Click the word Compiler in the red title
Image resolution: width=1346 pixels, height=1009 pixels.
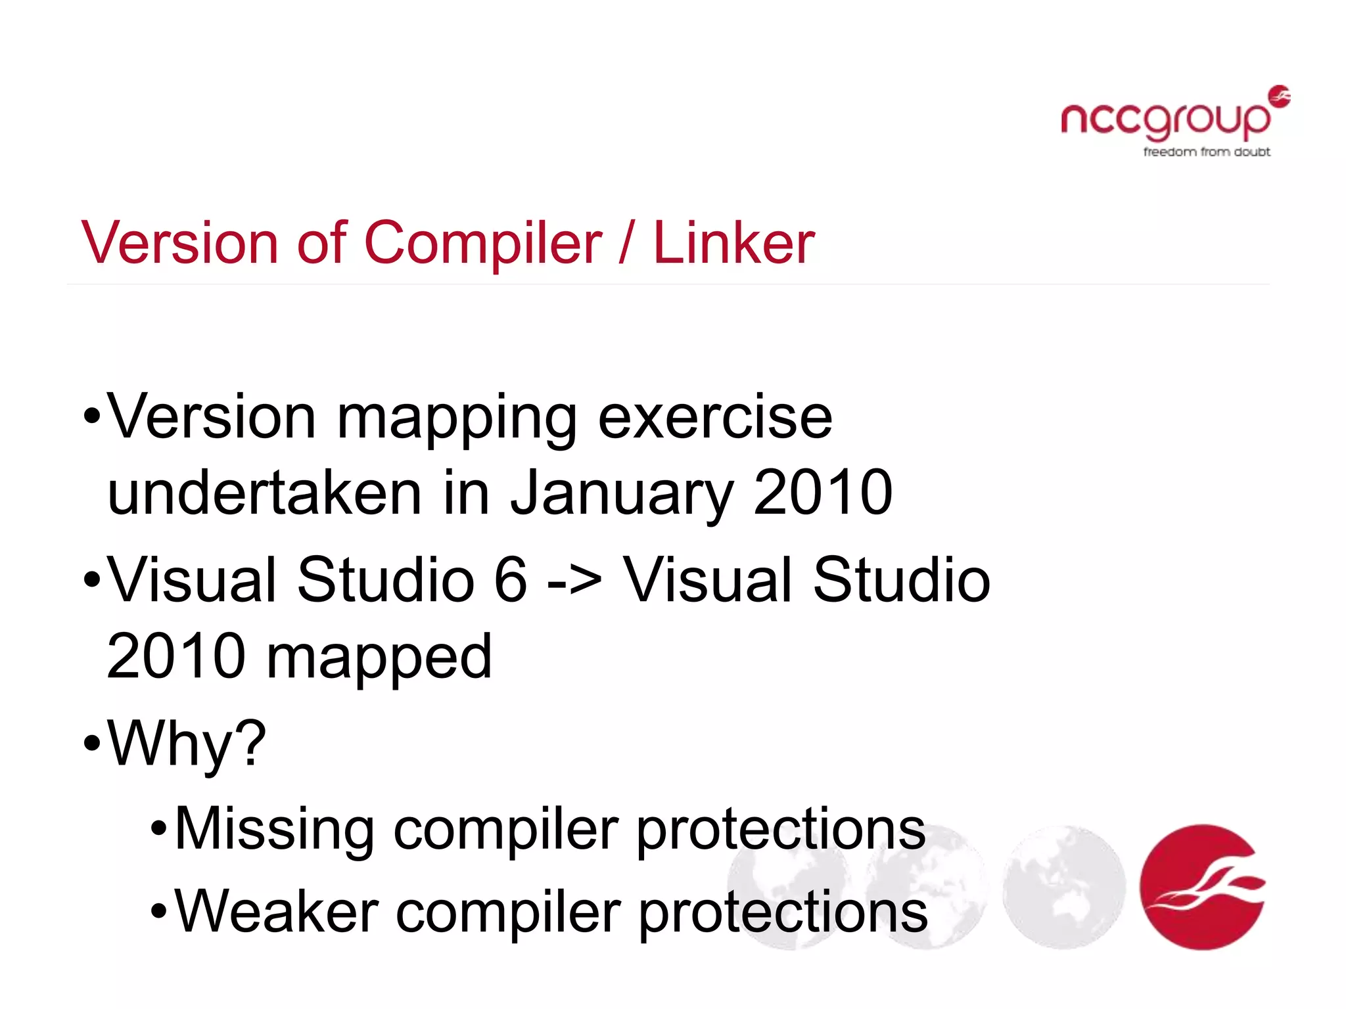(x=482, y=243)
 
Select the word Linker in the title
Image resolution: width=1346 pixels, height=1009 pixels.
(x=733, y=243)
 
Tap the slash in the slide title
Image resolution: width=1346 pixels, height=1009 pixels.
(x=626, y=243)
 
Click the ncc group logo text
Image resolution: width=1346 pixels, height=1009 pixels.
(x=1165, y=120)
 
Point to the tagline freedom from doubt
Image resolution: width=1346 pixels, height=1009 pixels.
(x=1207, y=152)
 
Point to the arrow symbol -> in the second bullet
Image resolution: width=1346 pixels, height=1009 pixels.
(x=574, y=581)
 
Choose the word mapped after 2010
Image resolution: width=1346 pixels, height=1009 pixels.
(x=379, y=657)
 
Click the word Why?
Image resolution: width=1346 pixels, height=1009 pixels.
(x=187, y=744)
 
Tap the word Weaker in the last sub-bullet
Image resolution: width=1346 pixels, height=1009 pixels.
(x=277, y=912)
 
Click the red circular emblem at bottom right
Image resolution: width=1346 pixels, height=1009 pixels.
(x=1203, y=887)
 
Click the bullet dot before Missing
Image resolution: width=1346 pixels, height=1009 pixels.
(x=159, y=830)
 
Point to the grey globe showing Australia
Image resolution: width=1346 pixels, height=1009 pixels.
(x=1064, y=887)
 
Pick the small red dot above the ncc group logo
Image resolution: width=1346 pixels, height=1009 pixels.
(x=1280, y=96)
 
